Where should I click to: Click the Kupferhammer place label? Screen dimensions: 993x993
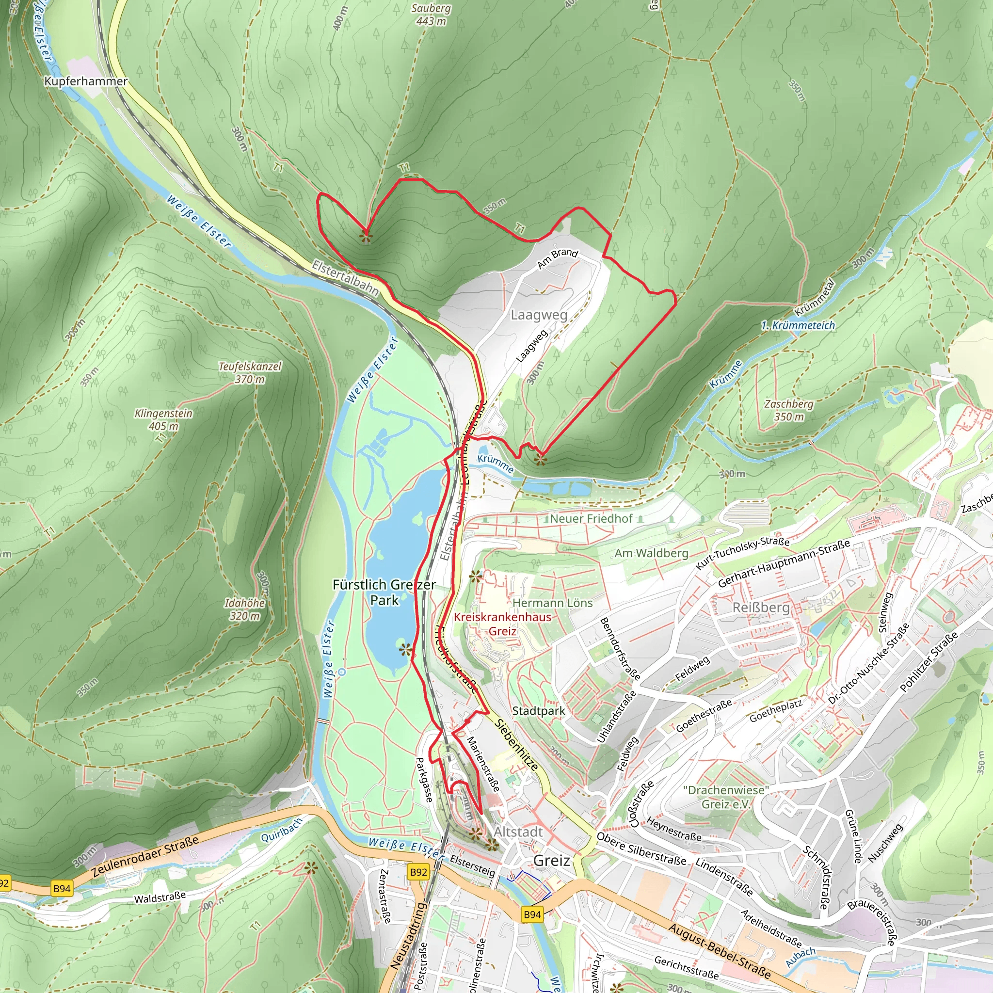(86, 81)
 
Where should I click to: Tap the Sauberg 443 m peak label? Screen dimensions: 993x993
(431, 15)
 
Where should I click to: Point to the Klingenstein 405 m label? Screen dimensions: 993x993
(163, 419)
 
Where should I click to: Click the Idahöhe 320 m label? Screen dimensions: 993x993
(245, 609)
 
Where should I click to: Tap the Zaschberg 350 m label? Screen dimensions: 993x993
(788, 410)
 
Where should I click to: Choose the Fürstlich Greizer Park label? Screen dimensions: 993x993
(384, 592)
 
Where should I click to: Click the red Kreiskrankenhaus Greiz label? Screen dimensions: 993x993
(502, 624)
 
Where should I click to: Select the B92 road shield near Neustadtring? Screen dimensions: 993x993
(418, 872)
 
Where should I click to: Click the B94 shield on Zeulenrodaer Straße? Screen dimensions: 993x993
(62, 888)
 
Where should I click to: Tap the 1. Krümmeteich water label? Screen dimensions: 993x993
(798, 325)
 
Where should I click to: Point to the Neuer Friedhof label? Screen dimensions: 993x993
(591, 519)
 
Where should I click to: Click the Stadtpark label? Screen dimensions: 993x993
(539, 711)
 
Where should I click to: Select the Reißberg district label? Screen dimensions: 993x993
(761, 608)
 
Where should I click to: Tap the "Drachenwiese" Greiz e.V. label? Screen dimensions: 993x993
(726, 797)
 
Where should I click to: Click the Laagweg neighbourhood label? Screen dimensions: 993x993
(539, 315)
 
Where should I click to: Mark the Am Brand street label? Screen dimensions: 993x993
(558, 258)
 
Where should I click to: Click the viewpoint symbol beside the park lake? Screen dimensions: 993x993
(405, 650)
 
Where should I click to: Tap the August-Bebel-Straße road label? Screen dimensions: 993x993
(720, 950)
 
